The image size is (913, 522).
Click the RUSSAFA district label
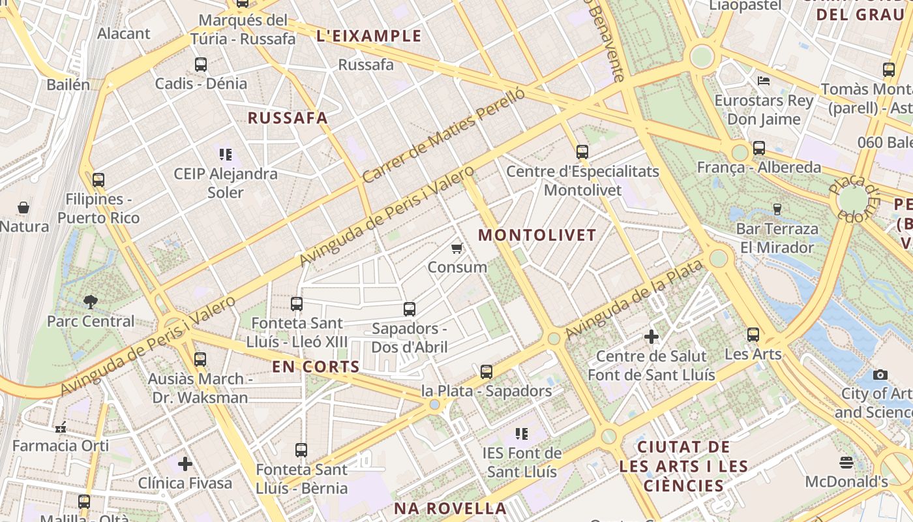click(288, 118)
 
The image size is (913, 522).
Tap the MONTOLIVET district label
click(537, 236)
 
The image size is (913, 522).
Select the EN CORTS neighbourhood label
click(316, 367)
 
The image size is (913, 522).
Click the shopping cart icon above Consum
click(457, 248)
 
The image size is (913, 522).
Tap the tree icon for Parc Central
click(90, 301)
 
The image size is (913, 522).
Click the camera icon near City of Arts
click(880, 375)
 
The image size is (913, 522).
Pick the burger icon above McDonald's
click(846, 463)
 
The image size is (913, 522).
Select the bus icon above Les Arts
click(753, 335)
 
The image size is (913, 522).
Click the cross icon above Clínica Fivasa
click(185, 464)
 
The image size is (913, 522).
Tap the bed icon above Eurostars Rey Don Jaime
click(764, 81)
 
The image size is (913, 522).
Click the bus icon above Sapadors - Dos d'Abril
click(410, 309)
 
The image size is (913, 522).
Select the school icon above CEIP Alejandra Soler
click(225, 155)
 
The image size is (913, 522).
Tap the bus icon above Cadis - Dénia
click(200, 65)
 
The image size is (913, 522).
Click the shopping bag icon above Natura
click(23, 207)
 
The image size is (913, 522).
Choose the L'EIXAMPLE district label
click(368, 37)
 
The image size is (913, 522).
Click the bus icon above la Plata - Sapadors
click(486, 372)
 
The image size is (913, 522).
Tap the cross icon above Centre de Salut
click(651, 337)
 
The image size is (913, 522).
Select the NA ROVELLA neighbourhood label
click(450, 508)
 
